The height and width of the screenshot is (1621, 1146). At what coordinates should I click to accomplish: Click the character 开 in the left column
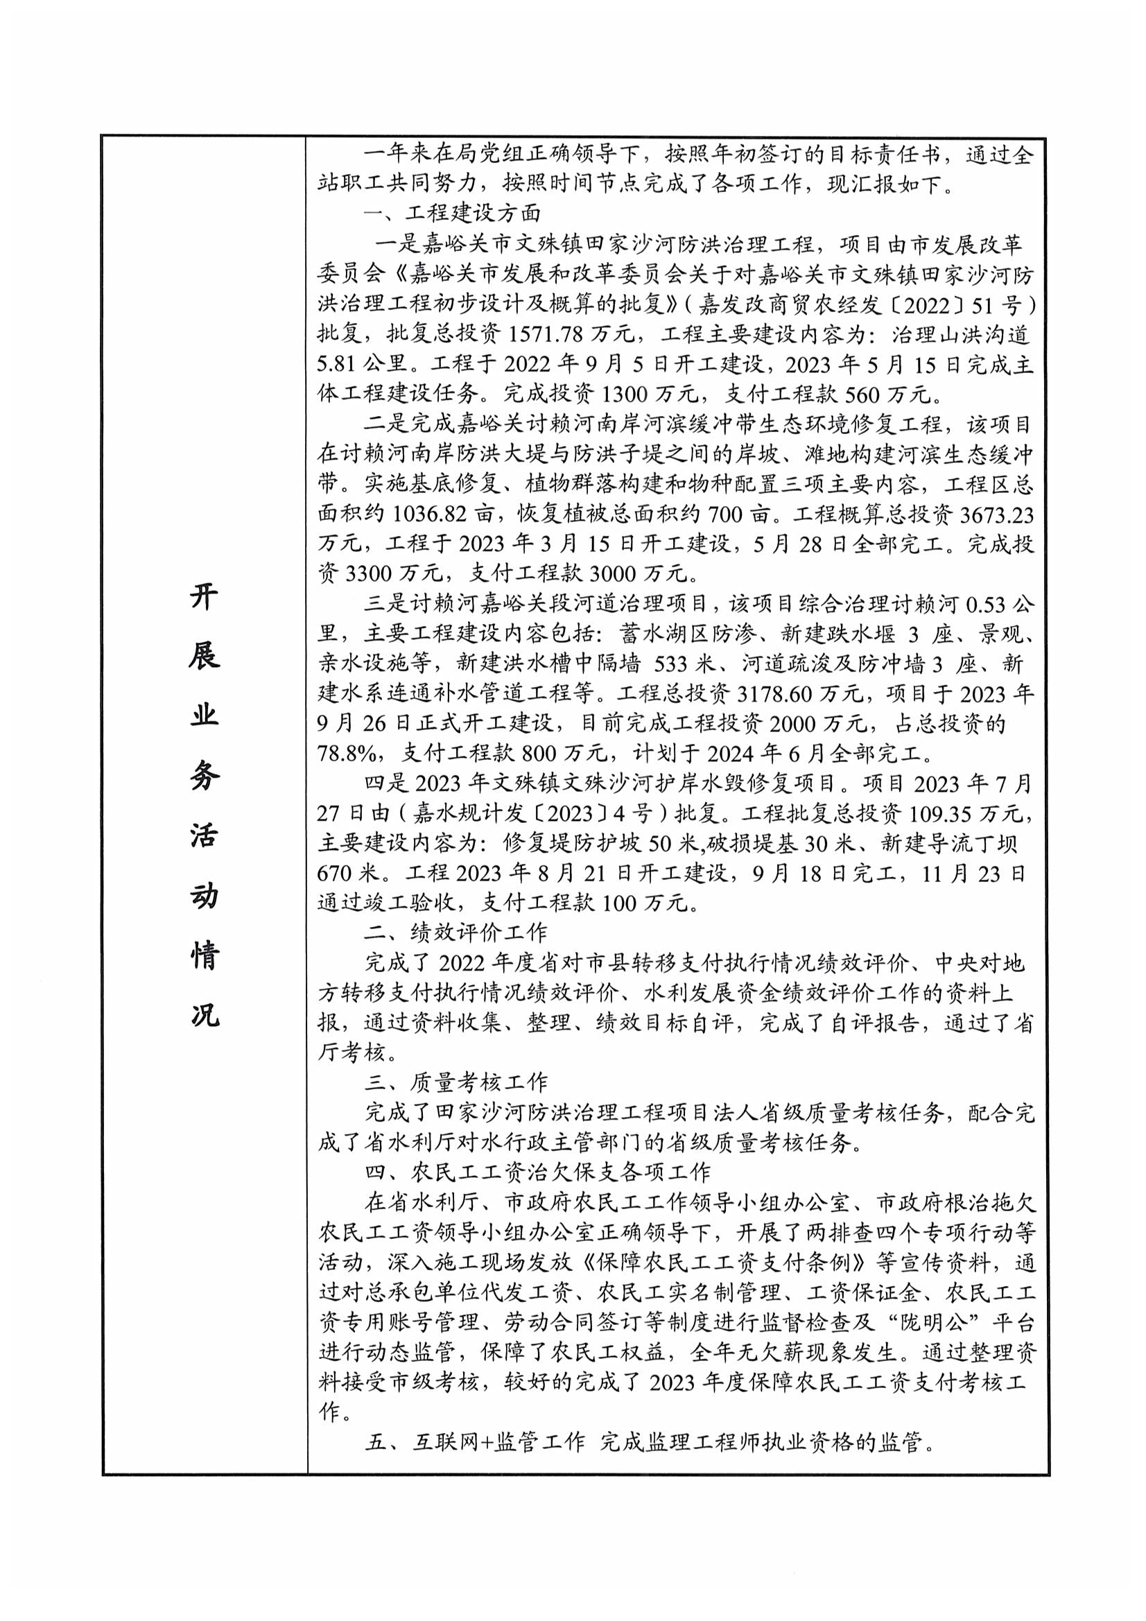click(x=203, y=597)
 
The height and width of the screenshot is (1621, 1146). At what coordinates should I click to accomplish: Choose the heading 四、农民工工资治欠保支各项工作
click(x=537, y=1172)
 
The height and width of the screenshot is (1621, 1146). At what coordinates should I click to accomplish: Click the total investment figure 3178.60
click(x=776, y=695)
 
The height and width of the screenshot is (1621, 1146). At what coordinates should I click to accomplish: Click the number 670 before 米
click(x=336, y=874)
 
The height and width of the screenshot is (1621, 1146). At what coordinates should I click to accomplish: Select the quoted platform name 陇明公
click(x=933, y=1321)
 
